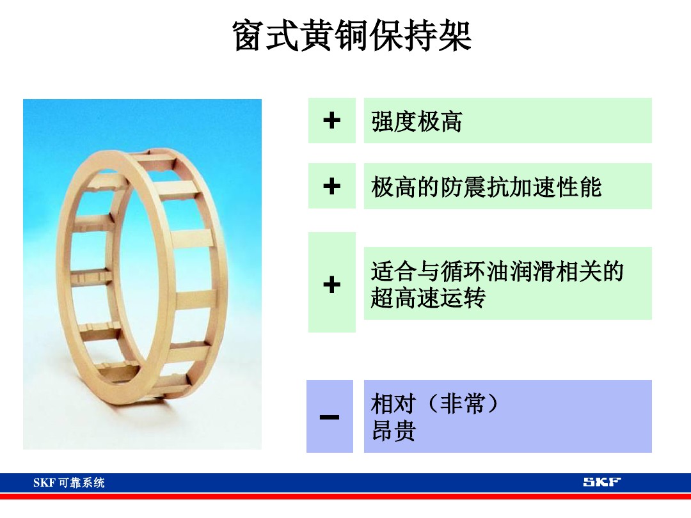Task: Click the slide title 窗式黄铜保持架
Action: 352,36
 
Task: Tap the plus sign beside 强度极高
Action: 331,120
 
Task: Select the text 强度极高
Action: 417,121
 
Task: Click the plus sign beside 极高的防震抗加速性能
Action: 331,186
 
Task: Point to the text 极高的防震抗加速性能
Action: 486,187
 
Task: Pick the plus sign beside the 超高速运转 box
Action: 331,283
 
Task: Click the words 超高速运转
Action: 428,297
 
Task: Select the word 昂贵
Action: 393,430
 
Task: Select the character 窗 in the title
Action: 250,36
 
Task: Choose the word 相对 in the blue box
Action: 393,404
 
